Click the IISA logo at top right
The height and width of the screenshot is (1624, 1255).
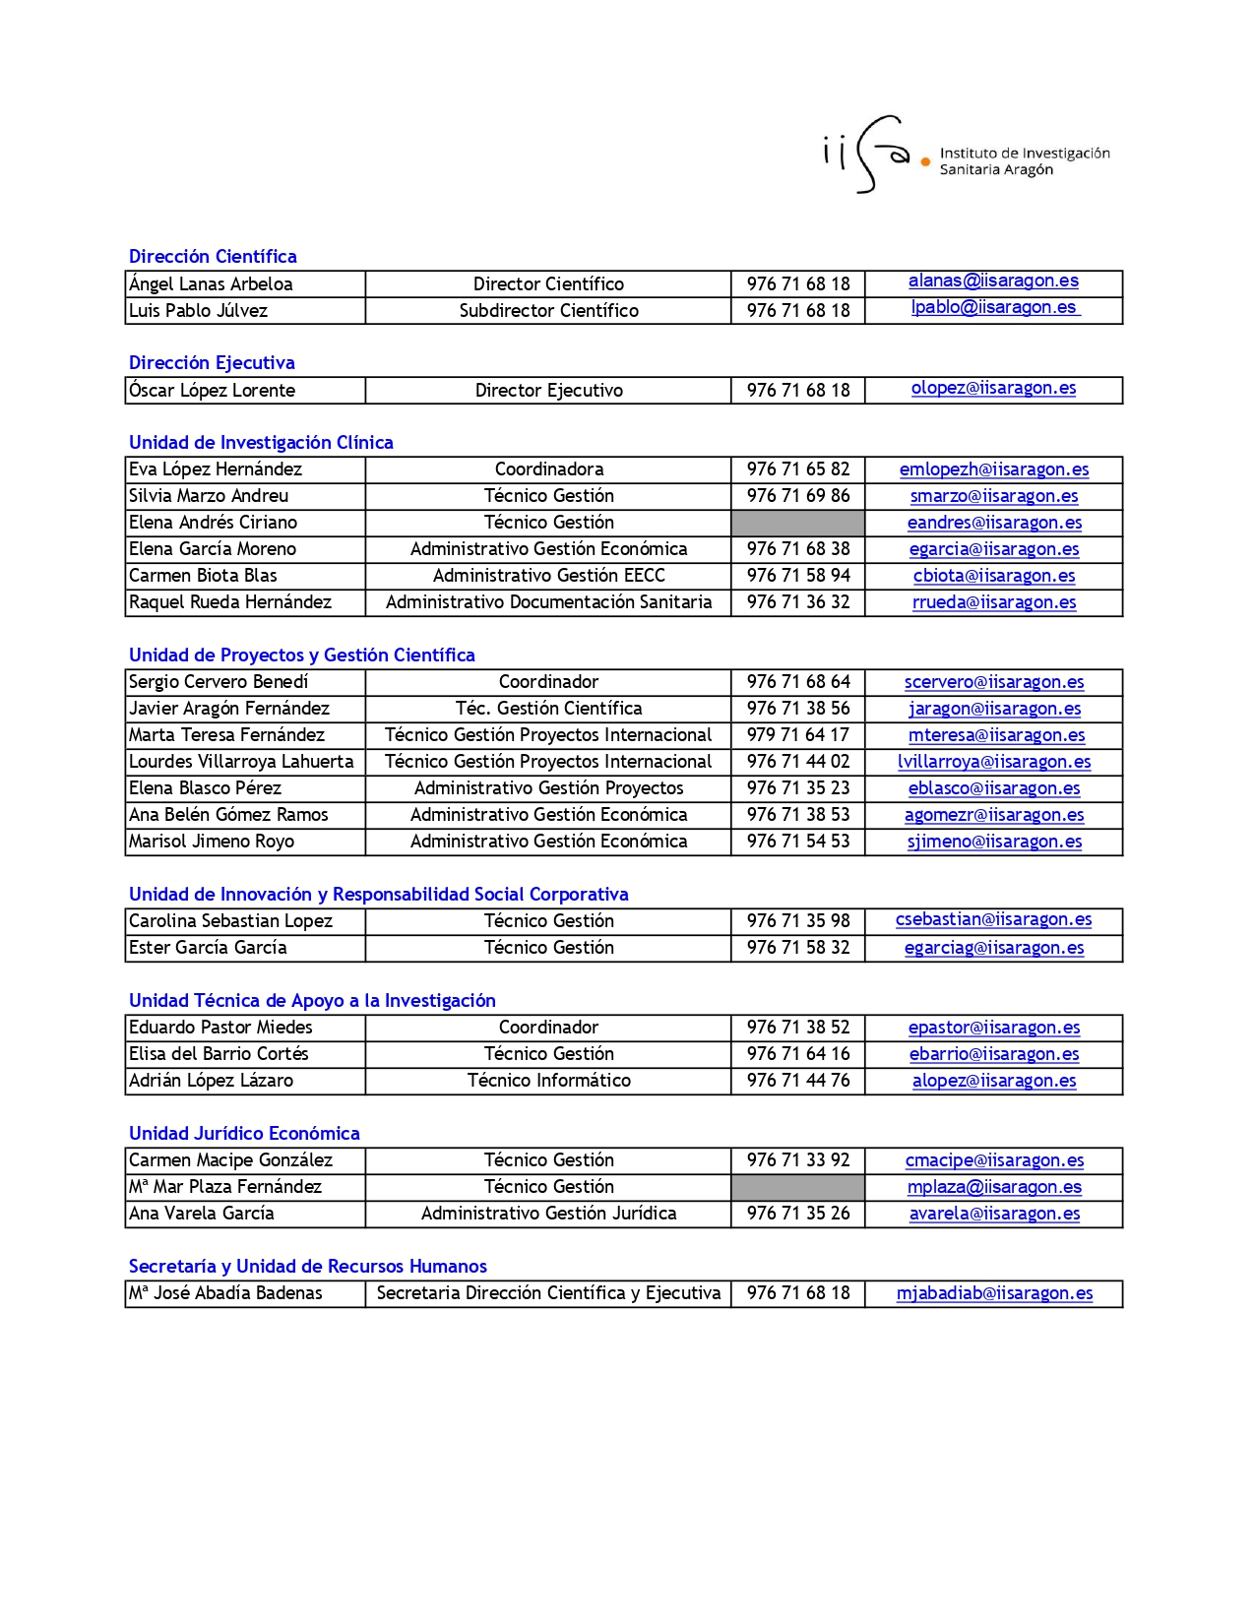pyautogui.click(x=966, y=156)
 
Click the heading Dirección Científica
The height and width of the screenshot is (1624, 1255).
pyautogui.click(x=213, y=257)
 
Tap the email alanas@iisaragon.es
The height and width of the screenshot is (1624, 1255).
pyautogui.click(x=993, y=281)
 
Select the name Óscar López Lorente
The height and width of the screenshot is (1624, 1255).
pyautogui.click(x=212, y=391)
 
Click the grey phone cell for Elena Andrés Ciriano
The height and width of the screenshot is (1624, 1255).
pyautogui.click(x=797, y=523)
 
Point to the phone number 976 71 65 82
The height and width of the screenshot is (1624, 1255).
pyautogui.click(x=797, y=469)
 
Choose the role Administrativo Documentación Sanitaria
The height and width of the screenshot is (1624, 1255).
pyautogui.click(x=548, y=602)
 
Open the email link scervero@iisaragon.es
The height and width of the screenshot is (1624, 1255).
pyautogui.click(x=994, y=682)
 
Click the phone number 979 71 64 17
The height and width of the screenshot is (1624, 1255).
pyautogui.click(x=797, y=735)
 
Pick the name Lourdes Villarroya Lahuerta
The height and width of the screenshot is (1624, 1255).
pyautogui.click(x=241, y=762)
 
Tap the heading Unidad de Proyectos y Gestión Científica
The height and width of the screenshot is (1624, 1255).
pyautogui.click(x=301, y=656)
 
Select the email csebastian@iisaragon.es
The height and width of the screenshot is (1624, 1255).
pyautogui.click(x=993, y=920)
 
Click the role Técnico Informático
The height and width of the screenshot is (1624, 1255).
pyautogui.click(x=548, y=1081)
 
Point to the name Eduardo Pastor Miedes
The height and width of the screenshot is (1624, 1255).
pyautogui.click(x=220, y=1028)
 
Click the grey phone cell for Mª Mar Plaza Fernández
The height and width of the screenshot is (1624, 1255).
pyautogui.click(x=797, y=1187)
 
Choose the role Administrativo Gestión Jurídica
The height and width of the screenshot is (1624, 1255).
pyautogui.click(x=548, y=1214)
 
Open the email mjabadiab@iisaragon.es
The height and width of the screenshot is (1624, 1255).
pyautogui.click(x=994, y=1293)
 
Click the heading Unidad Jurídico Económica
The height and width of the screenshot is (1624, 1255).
pyautogui.click(x=244, y=1134)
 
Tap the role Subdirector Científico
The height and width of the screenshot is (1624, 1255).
pyautogui.click(x=548, y=311)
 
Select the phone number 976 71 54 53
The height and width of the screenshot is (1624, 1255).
pyautogui.click(x=797, y=842)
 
